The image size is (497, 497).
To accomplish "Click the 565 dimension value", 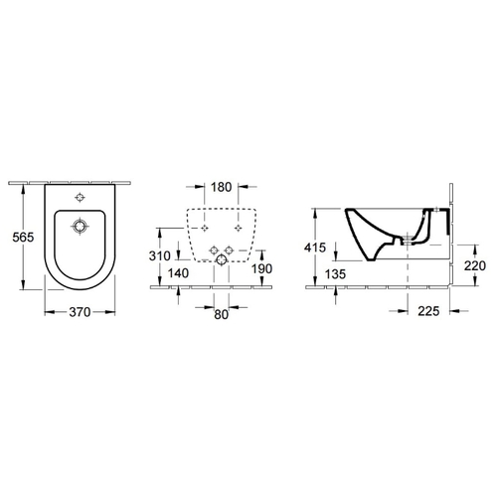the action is [23, 238].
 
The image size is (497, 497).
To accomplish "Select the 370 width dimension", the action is [80, 312].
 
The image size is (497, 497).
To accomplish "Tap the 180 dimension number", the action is [222, 187].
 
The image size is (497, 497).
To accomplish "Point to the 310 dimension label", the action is [160, 255].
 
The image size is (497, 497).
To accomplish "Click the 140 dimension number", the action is [178, 273].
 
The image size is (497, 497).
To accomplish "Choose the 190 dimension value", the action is [261, 268].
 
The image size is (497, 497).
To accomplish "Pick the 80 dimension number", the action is [222, 314].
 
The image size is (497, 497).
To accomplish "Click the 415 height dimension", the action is [315, 248].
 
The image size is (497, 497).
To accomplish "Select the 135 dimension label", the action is [335, 274].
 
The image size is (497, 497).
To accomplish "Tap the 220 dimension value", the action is [475, 265].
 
